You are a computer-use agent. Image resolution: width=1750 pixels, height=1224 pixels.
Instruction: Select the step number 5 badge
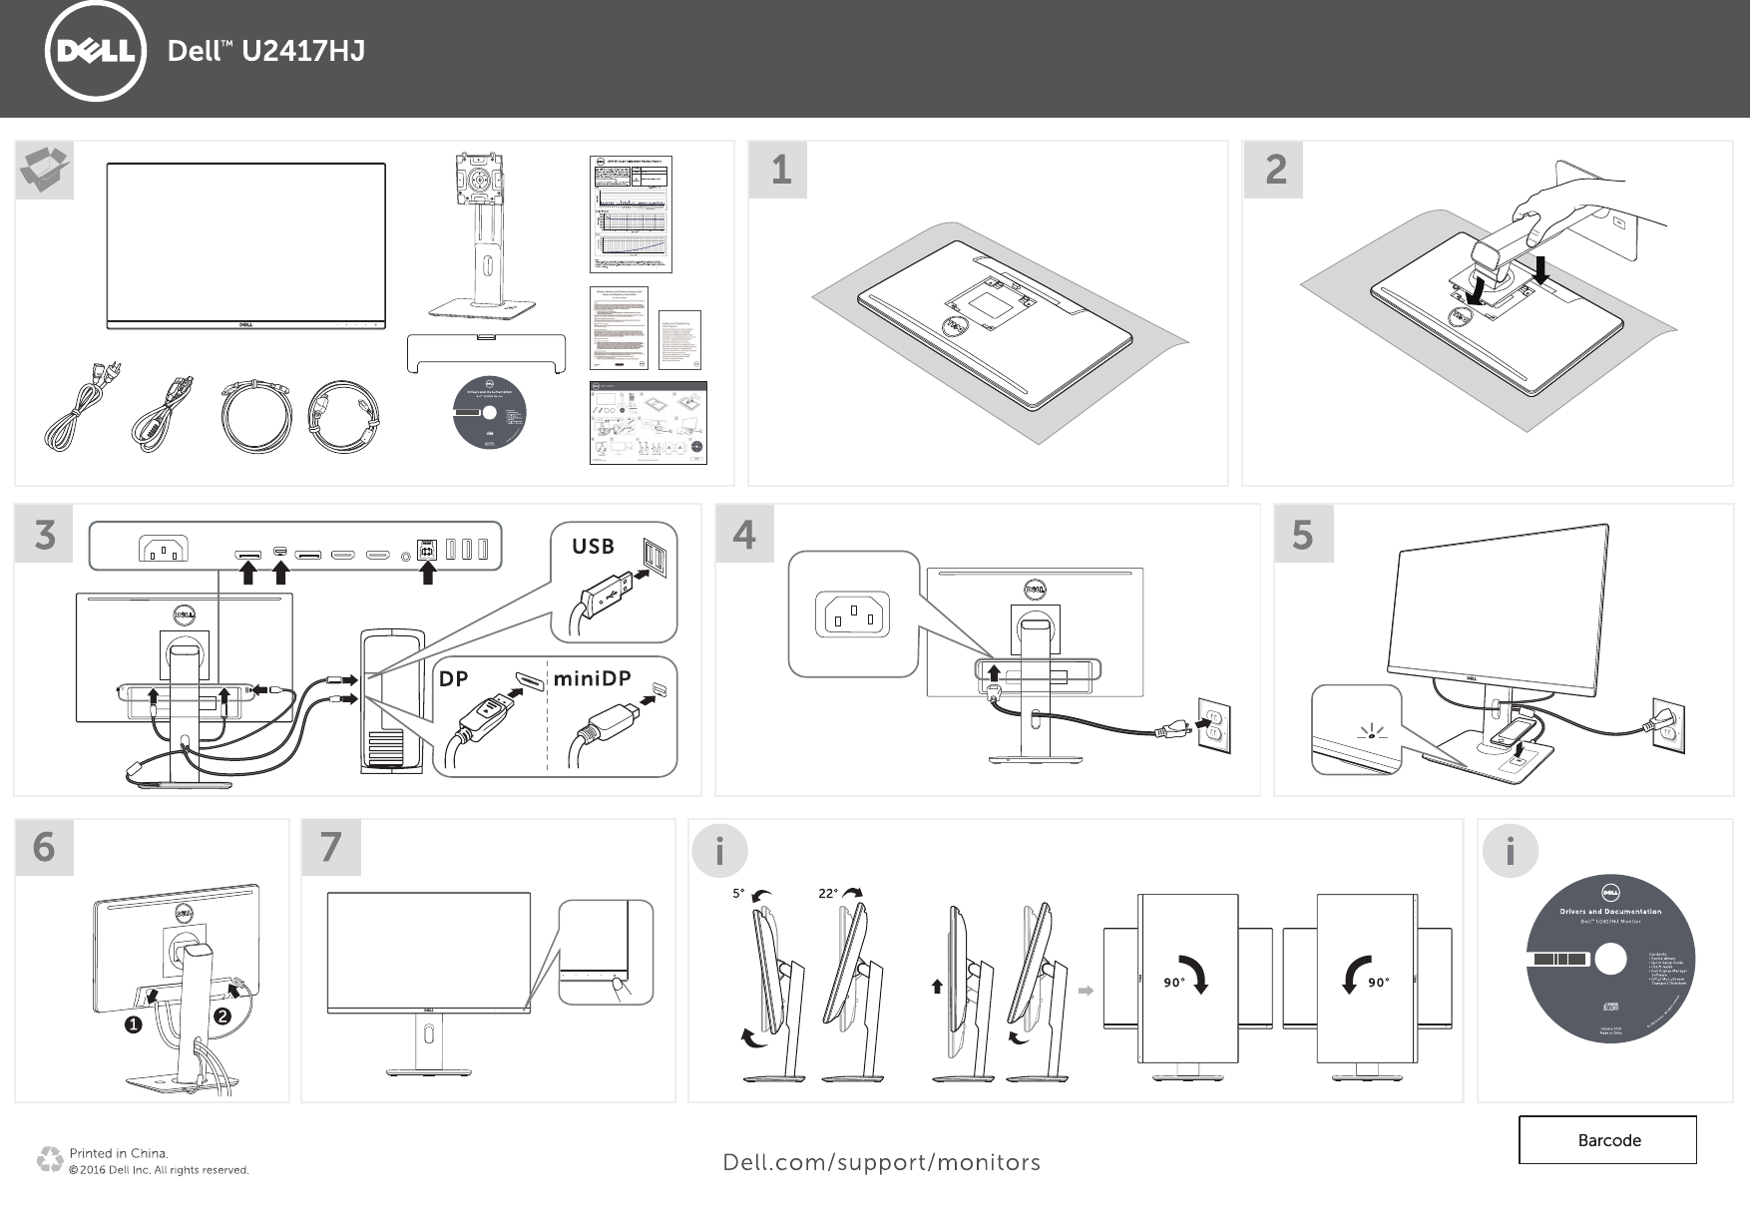pos(1303,534)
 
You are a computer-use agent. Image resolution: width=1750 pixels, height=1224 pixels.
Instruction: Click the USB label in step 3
pos(593,546)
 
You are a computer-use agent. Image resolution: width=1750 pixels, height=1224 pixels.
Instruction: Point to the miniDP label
pos(593,678)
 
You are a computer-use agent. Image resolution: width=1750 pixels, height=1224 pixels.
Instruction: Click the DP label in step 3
pos(454,678)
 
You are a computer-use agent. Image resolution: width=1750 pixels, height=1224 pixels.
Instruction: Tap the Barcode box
pos(1607,1140)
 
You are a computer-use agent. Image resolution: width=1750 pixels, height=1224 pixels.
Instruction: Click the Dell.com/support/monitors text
pos(881,1162)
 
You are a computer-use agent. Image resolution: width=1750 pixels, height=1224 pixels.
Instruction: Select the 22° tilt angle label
pos(828,894)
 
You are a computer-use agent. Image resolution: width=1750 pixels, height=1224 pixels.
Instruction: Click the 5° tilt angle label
pos(738,894)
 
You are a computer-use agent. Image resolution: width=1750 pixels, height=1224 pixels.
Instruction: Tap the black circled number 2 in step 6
pos(220,1017)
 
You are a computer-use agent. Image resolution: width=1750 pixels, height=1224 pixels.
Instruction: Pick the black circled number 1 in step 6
pos(133,1024)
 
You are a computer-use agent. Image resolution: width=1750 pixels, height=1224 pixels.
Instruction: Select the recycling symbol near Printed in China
pos(49,1160)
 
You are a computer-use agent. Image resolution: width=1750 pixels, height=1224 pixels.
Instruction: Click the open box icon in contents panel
pos(45,170)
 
